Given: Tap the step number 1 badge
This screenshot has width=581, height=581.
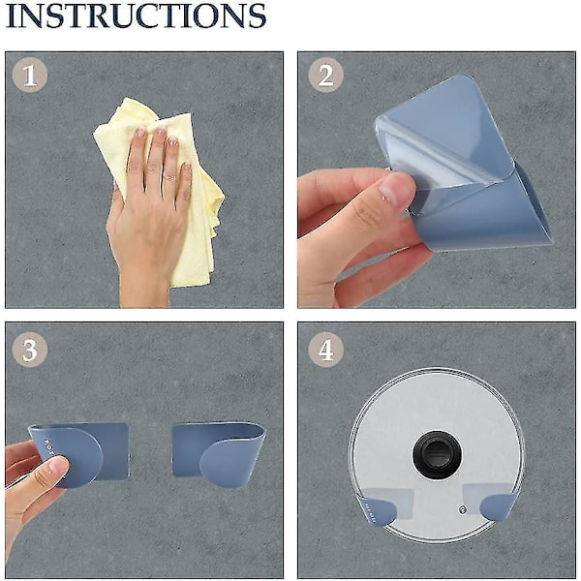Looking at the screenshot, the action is point(30,76).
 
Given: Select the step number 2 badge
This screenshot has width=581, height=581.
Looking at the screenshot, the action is point(325,76).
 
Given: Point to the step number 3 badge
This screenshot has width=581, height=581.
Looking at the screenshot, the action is point(30,350).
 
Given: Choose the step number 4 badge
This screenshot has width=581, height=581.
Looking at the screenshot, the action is point(325,350).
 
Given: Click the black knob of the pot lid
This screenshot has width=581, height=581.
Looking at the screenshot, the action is point(438,454).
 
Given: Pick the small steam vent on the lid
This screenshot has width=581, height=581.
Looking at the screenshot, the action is point(462,510).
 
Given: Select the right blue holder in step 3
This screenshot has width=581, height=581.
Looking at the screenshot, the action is point(219,454).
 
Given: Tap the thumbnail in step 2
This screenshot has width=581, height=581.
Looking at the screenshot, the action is point(393,191).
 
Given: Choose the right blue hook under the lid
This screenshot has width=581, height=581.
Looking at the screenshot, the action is point(498,506).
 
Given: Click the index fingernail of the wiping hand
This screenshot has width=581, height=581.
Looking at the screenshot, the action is point(140,134).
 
